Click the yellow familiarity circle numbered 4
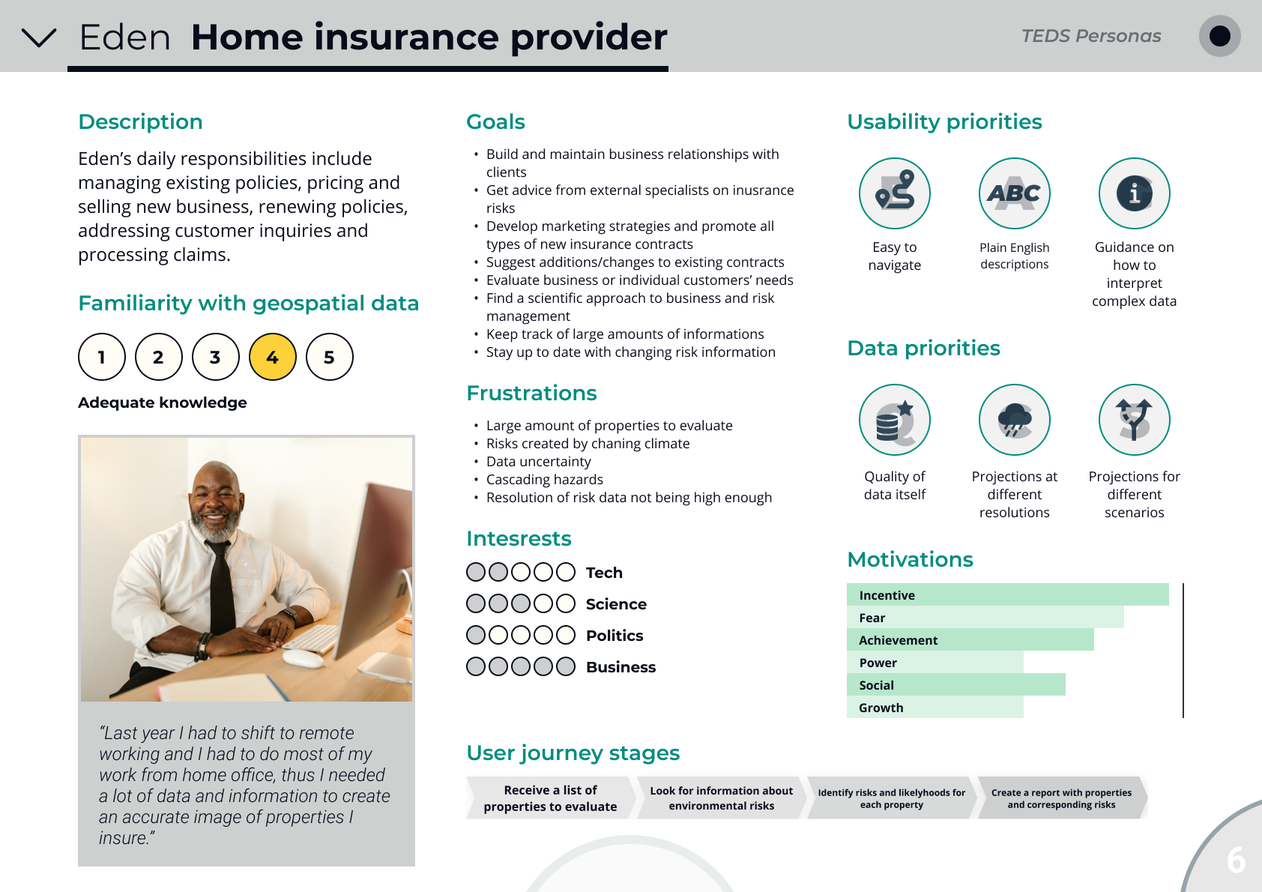pos(273,357)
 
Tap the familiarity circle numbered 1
pos(102,357)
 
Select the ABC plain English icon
pos(1014,193)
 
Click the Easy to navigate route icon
pos(894,193)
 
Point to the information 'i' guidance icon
pos(1134,193)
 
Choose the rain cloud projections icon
pos(1014,420)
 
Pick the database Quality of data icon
pos(894,420)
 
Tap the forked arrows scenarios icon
pos(1134,420)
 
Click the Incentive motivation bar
pos(1007,594)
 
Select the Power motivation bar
pos(935,662)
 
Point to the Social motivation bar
pos(956,684)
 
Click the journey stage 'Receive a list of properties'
pos(550,798)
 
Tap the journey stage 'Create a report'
pos(1062,798)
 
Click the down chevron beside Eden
pos(39,37)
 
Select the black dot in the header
pos(1220,36)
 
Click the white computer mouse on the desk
pos(303,657)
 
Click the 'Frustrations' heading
pos(531,393)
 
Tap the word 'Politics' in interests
pos(614,636)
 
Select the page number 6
pos(1236,860)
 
